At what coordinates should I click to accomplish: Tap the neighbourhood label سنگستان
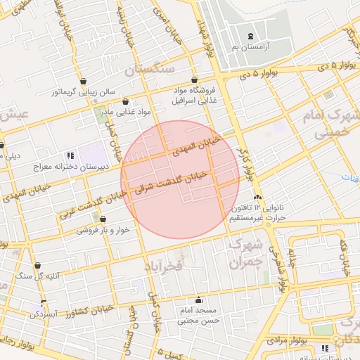(x=149, y=70)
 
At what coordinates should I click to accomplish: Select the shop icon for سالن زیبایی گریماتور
(x=84, y=81)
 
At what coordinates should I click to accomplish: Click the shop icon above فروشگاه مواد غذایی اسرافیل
(x=194, y=80)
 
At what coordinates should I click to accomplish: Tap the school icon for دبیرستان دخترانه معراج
(x=69, y=155)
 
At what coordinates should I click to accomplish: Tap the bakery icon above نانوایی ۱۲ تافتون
(x=259, y=198)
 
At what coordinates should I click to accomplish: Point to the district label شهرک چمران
(x=246, y=253)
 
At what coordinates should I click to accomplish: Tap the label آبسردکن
(x=44, y=314)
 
